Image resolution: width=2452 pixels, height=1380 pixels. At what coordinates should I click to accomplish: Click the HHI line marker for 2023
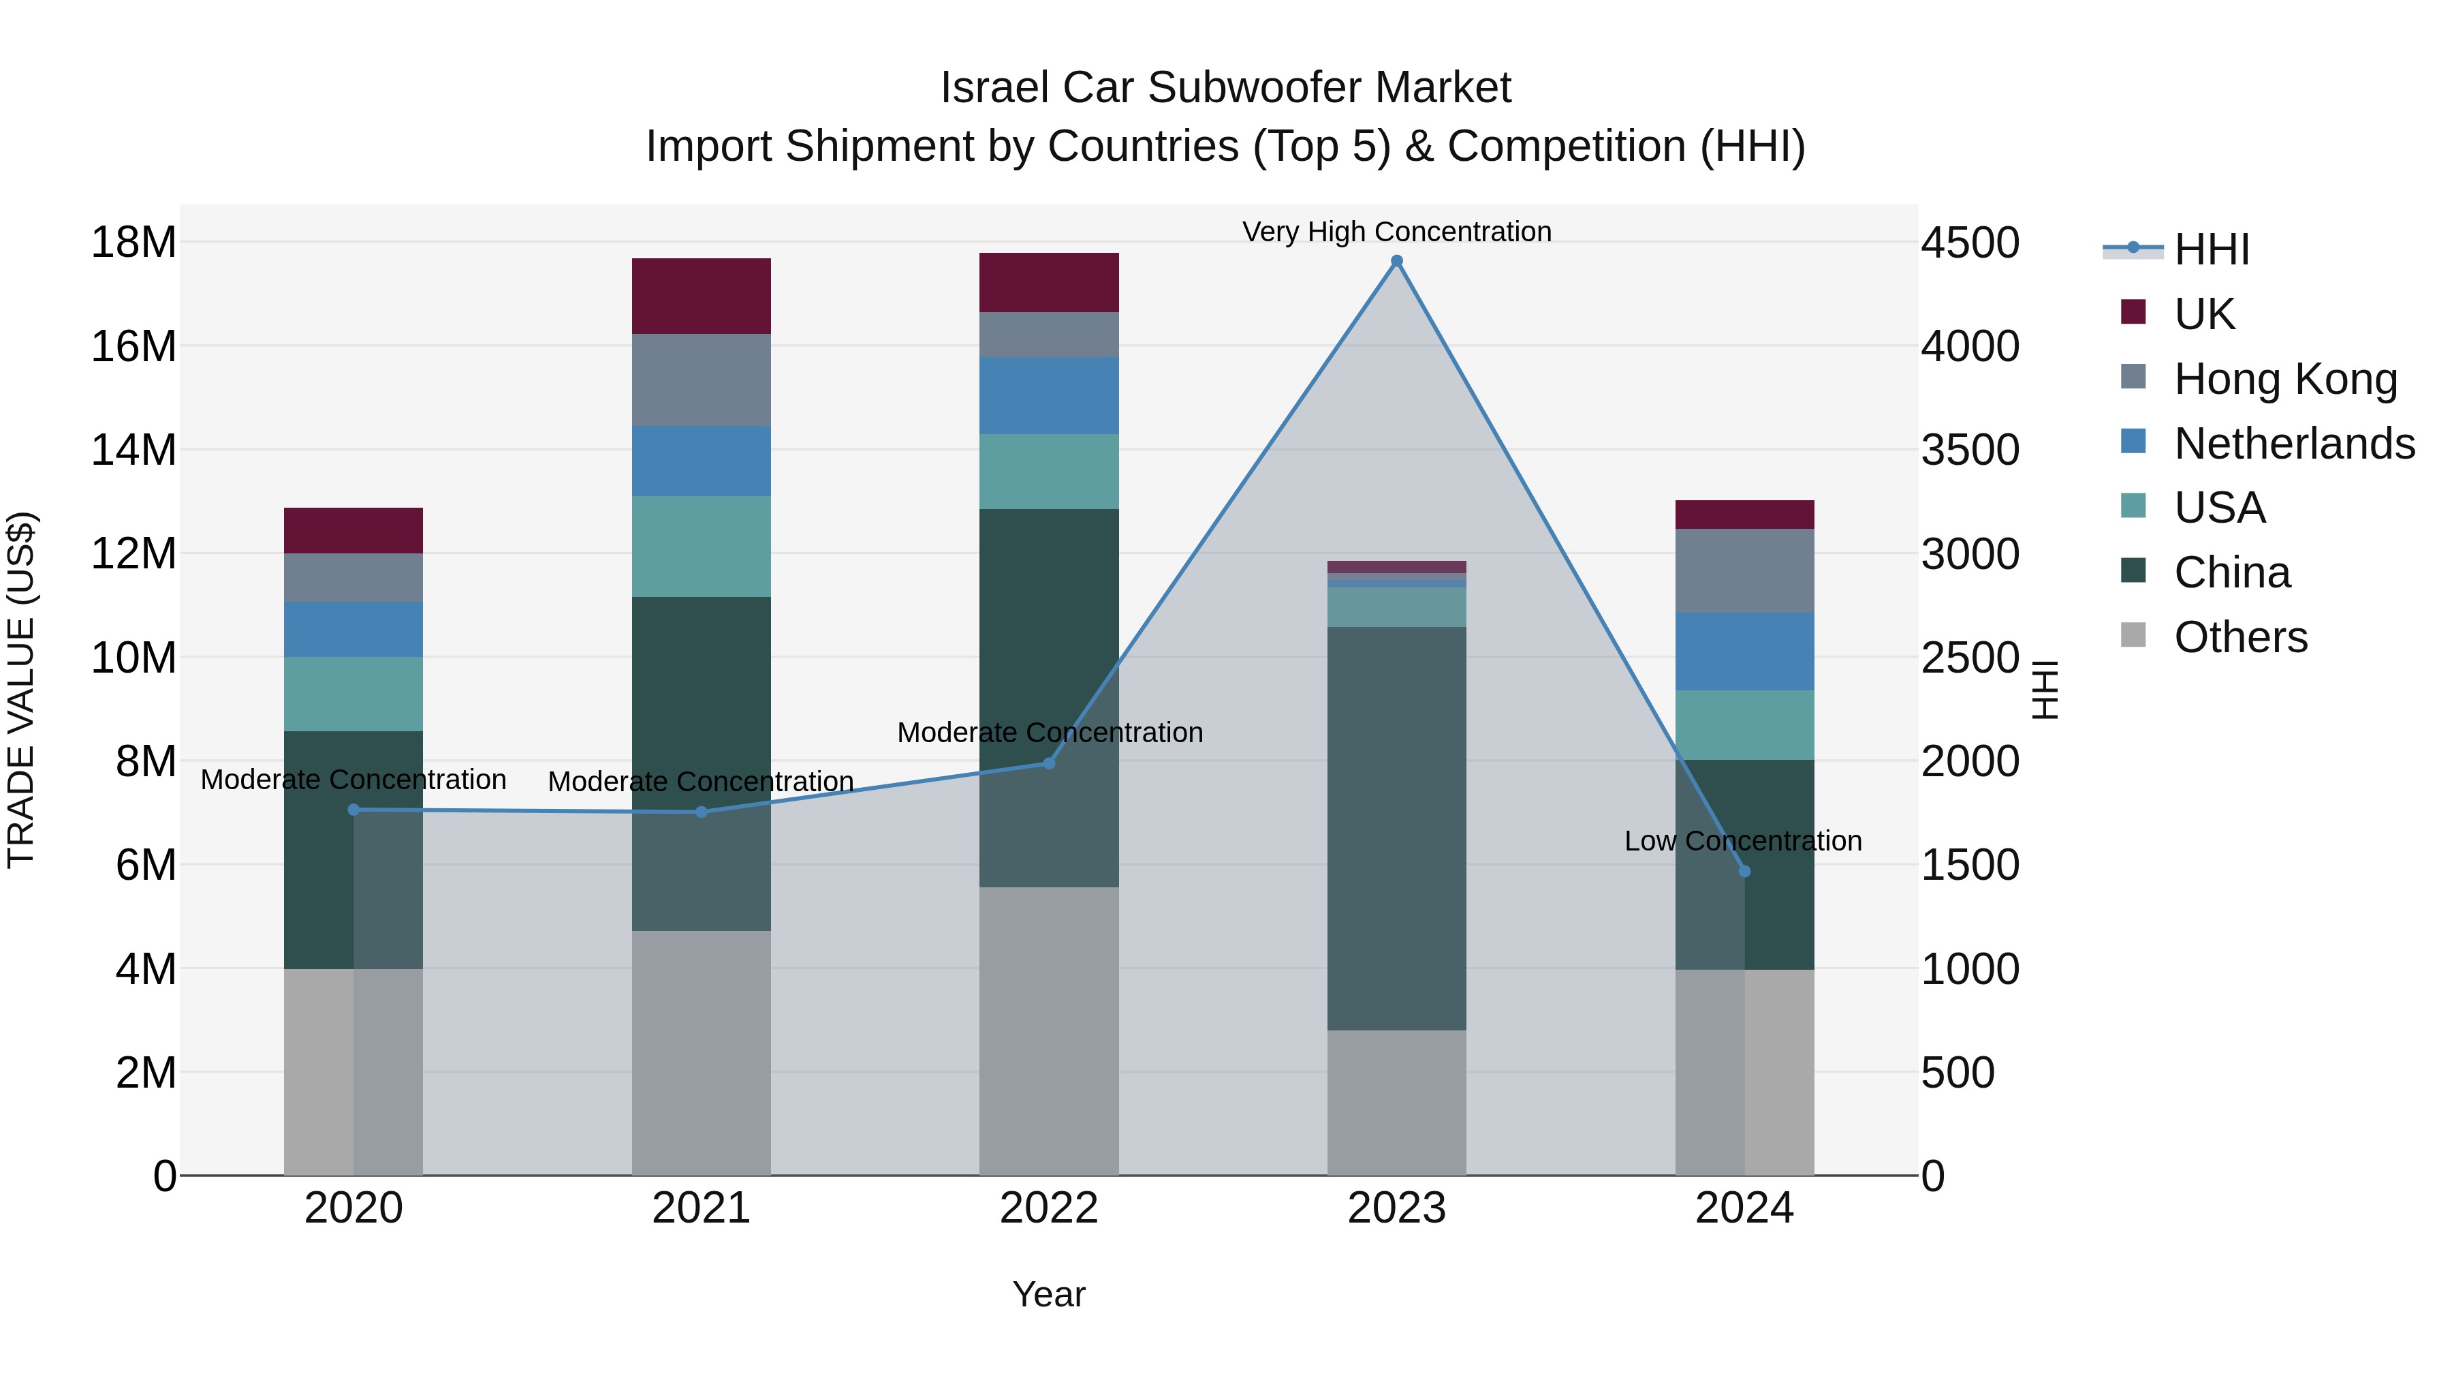(1396, 261)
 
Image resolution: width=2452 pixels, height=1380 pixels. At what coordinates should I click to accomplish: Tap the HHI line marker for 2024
(1744, 870)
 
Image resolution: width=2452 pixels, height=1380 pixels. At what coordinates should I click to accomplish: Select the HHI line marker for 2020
(353, 810)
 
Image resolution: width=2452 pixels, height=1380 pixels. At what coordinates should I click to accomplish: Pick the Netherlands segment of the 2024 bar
(1744, 651)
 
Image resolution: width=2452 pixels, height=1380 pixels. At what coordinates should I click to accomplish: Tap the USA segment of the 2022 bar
(1049, 472)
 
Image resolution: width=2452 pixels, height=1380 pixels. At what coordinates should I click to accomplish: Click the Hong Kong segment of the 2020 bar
(353, 577)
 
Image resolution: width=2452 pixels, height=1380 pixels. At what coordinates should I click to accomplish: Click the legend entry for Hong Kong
(2284, 378)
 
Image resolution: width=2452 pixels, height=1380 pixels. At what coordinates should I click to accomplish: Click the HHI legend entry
(2210, 249)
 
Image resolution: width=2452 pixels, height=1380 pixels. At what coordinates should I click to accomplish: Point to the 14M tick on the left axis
(133, 450)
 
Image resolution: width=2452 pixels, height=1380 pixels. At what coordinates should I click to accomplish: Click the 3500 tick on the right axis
(1969, 450)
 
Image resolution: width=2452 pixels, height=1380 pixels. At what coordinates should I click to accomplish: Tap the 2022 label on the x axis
(1049, 1208)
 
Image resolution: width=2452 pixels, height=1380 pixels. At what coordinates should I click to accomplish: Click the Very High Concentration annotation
(1396, 232)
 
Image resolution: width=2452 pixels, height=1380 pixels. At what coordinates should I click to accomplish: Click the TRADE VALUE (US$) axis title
(21, 690)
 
